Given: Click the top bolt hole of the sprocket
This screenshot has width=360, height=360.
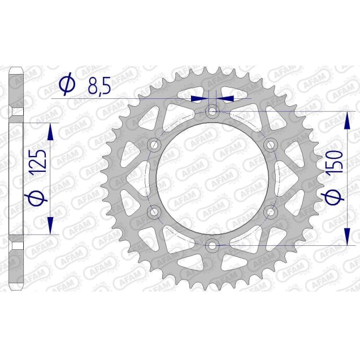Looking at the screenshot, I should (212, 112).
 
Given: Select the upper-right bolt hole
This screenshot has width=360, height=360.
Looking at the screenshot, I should (270, 145).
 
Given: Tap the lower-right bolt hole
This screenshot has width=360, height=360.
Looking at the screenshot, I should (270, 212).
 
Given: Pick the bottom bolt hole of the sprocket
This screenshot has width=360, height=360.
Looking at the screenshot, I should (212, 245).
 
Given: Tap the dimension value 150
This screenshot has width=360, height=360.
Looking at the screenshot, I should (334, 164).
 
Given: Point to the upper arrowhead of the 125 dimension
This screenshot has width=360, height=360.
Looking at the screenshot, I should (51, 133).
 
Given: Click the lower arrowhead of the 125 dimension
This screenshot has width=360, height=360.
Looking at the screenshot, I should (51, 224).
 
